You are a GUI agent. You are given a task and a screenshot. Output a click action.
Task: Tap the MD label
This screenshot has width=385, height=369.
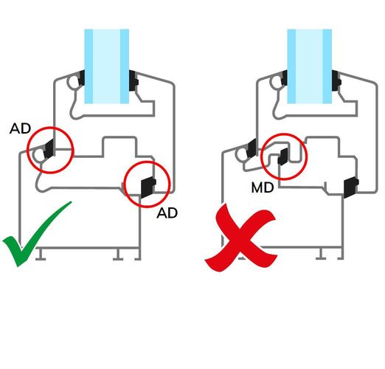[x=263, y=187]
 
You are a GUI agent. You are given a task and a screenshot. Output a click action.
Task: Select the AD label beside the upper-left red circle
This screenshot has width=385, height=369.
[x=20, y=128]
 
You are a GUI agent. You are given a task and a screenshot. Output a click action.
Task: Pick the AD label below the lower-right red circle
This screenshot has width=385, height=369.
[x=167, y=213]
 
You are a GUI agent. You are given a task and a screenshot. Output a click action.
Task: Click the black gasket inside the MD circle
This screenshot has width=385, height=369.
[x=282, y=156]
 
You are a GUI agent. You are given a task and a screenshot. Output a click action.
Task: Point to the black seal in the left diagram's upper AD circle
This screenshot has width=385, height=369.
[x=49, y=148]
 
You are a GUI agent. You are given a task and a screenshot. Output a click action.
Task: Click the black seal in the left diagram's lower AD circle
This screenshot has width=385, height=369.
[x=148, y=187]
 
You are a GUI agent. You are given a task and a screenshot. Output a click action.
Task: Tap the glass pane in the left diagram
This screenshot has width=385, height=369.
[x=107, y=66]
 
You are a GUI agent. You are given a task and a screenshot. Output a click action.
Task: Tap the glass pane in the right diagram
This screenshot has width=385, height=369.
[x=310, y=66]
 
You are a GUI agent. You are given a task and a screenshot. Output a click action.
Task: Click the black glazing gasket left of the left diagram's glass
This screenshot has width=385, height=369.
[x=82, y=77]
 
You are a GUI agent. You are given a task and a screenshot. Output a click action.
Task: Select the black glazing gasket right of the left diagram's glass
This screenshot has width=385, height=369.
[x=133, y=80]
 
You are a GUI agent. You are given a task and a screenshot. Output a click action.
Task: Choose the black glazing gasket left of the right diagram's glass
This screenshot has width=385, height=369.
[x=285, y=77]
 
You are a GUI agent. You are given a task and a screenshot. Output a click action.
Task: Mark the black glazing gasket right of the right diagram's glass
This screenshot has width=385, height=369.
[x=336, y=80]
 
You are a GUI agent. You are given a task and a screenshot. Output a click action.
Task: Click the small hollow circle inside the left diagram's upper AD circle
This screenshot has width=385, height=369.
[x=39, y=155]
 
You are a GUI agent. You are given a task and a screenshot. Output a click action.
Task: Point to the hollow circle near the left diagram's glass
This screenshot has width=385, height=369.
[x=74, y=82]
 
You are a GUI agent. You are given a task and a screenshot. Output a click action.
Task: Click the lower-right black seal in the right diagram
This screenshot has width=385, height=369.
[x=351, y=187]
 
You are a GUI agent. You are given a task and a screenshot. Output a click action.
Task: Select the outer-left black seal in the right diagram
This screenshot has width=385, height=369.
[x=252, y=148]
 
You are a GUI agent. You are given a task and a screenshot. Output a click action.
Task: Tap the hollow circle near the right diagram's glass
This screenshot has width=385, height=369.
[x=277, y=82]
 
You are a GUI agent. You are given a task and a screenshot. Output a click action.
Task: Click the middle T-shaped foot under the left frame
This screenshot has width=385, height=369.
[x=118, y=255]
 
